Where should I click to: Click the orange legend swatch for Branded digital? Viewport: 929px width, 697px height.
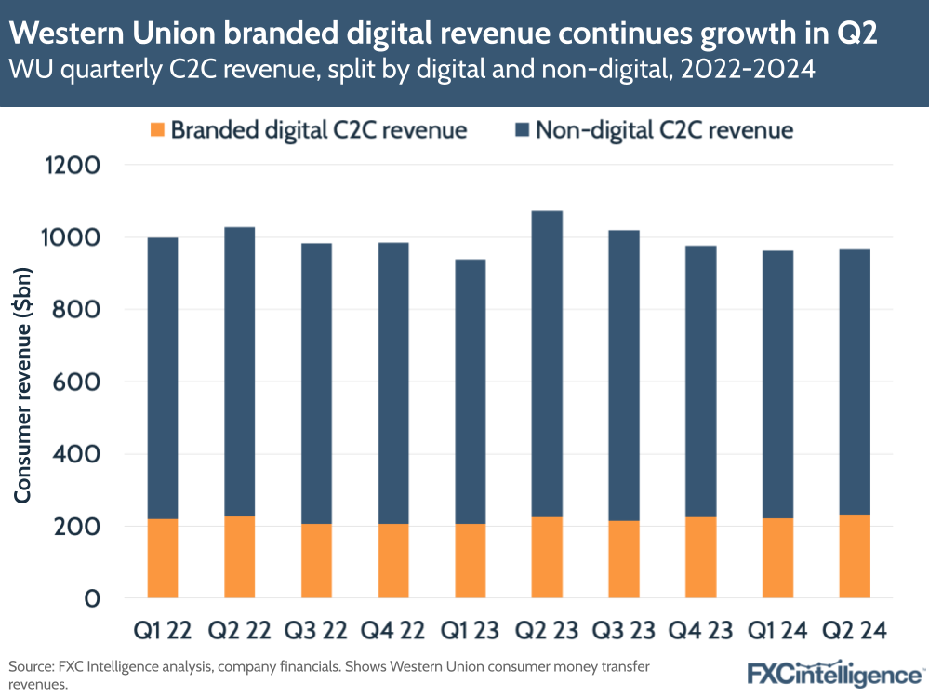pos(156,129)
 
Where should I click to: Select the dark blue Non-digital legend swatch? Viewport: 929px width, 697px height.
pos(520,129)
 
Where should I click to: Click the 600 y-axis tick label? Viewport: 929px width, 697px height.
pos(78,382)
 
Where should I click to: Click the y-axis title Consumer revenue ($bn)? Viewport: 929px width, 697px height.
pos(22,382)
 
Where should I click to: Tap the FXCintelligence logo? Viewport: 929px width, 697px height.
pos(834,673)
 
